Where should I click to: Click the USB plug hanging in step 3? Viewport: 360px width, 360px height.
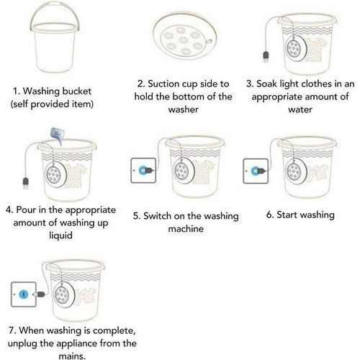point(266,57)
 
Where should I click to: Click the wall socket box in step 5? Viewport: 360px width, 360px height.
point(143,171)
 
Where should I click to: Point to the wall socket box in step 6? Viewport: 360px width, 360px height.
point(256,171)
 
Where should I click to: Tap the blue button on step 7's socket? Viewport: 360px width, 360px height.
point(24,294)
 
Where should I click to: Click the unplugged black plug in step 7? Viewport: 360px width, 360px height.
point(40,294)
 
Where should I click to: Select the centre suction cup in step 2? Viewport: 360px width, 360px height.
point(184,40)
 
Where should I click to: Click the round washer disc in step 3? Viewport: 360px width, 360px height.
point(296,48)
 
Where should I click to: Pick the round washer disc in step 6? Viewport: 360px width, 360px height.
point(296,171)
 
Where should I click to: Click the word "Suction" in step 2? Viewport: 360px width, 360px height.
point(163,84)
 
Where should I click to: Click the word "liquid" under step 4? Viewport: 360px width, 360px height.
point(60,235)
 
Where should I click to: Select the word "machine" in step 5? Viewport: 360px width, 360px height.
point(186,229)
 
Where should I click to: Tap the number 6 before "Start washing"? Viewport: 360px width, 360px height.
point(270,215)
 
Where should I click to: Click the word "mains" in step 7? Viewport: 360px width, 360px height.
point(72,356)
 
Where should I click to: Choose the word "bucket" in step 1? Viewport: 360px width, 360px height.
point(77,91)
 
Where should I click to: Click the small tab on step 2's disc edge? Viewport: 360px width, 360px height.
point(209,42)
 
